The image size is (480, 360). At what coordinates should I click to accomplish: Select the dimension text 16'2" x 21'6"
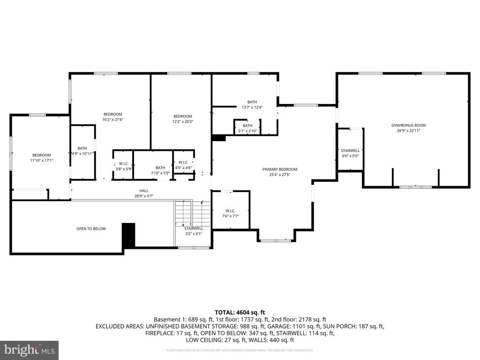click(112, 120)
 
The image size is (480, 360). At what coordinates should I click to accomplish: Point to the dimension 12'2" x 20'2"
click(182, 122)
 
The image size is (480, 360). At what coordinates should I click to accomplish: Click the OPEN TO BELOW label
click(91, 229)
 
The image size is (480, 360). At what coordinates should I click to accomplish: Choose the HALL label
click(144, 190)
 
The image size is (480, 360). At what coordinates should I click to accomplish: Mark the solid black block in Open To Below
click(128, 235)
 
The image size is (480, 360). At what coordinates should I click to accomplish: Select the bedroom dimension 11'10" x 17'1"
click(41, 160)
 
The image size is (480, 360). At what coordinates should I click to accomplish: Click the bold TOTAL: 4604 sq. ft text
click(240, 312)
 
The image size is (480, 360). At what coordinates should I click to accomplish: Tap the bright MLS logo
click(29, 350)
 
